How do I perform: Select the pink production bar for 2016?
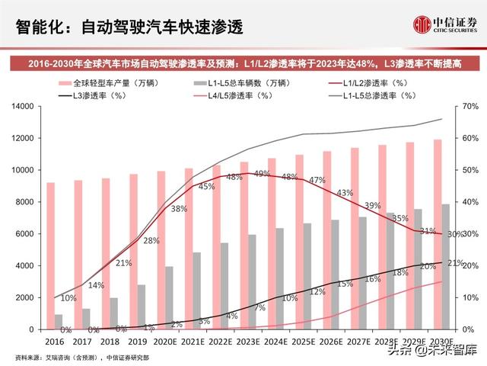(x=50, y=255)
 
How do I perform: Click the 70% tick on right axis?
(x=470, y=108)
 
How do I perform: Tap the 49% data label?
(x=262, y=175)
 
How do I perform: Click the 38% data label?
(x=179, y=208)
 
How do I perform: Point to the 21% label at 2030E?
(x=456, y=263)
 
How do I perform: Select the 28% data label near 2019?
(x=151, y=241)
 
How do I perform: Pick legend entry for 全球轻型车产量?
(x=102, y=82)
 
